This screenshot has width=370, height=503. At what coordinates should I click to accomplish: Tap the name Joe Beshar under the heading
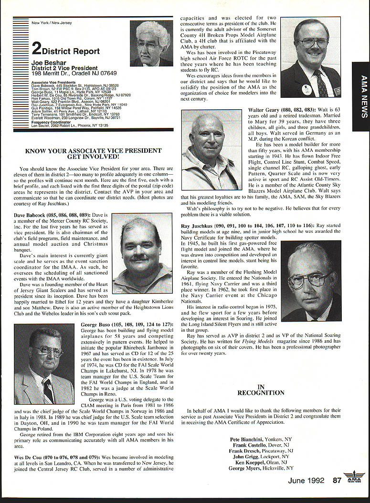coord(46,62)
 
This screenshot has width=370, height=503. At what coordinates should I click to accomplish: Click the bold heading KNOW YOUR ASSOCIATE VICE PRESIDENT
coord(93,151)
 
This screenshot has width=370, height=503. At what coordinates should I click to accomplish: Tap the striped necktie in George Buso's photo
coord(48,390)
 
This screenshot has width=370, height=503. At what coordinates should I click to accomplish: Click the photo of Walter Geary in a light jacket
coord(211,149)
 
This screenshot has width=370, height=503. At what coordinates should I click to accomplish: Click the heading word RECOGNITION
coord(261,393)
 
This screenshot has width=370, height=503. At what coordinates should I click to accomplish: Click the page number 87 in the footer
coord(337,480)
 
